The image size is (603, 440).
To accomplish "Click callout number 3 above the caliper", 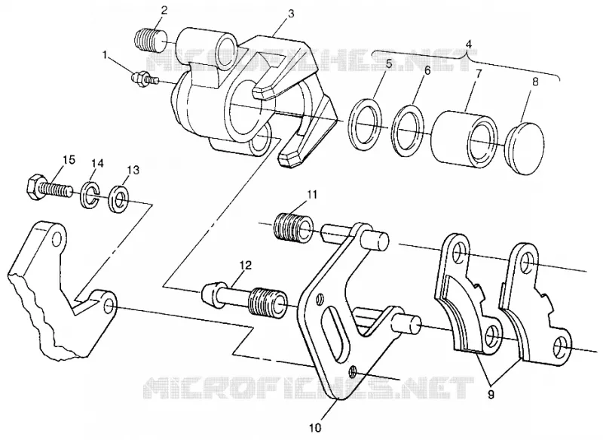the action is [291, 14].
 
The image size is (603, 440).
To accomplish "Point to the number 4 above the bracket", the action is [468, 45].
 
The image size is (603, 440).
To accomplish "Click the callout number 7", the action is [478, 74].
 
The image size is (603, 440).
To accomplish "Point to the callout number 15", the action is [69, 159].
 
